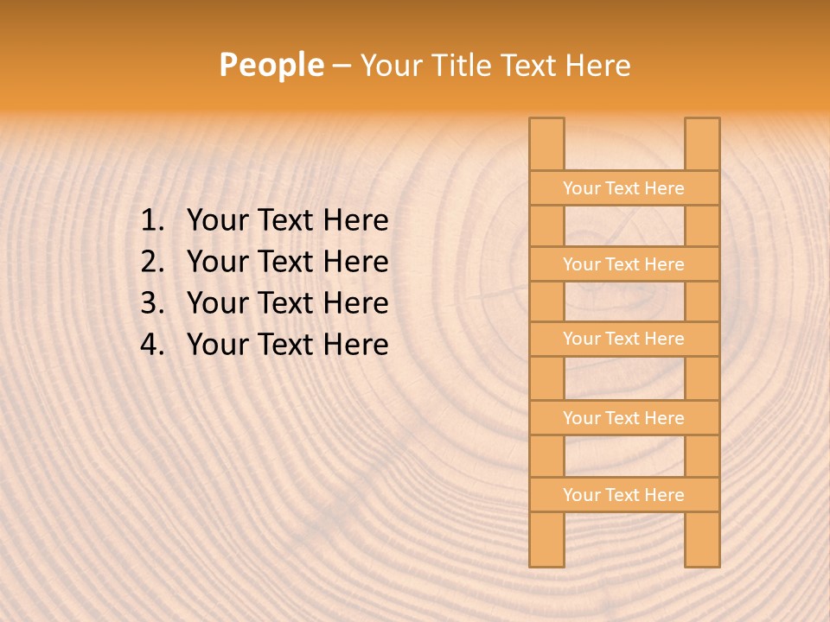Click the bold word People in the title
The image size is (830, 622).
(271, 65)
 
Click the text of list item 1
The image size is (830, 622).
(287, 221)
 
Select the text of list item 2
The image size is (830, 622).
(287, 262)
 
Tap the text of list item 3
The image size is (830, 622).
(287, 303)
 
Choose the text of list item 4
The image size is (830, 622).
(287, 345)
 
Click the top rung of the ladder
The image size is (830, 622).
(623, 188)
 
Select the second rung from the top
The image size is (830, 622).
(623, 264)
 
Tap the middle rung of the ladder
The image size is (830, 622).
(623, 339)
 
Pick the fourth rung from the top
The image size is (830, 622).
(623, 418)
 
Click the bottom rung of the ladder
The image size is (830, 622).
(623, 495)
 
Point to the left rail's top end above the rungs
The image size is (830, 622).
(546, 143)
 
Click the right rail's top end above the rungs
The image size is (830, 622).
(702, 143)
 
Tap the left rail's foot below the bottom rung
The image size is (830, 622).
(546, 539)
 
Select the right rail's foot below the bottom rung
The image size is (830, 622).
(702, 539)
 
